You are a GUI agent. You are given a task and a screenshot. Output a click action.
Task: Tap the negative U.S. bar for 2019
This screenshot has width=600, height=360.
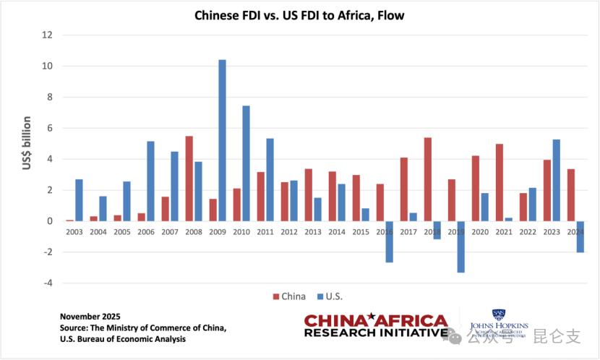coord(460,247)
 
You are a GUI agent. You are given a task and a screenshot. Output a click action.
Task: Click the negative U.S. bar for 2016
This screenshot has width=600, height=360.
coord(389,241)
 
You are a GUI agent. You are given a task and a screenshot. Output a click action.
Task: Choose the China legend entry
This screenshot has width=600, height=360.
coord(289,296)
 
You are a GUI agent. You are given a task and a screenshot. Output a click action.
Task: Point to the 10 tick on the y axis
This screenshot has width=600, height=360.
coord(48,66)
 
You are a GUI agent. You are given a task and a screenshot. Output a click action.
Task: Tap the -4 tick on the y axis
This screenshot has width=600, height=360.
coord(48,283)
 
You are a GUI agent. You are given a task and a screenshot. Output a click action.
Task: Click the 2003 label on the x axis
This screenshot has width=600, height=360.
coord(74,232)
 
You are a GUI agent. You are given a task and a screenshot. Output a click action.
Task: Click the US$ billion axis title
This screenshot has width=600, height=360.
coord(27,143)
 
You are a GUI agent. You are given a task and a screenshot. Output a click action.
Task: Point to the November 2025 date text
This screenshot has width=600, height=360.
coord(91,317)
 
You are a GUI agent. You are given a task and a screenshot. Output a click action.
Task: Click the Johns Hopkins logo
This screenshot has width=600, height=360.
coord(499,324)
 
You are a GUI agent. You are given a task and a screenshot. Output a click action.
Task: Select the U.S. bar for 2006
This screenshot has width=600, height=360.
coord(151,181)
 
